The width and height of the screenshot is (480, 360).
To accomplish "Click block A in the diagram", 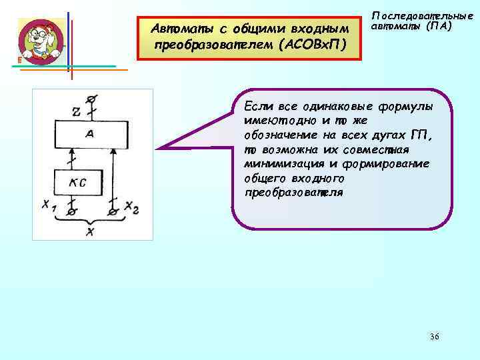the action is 90,134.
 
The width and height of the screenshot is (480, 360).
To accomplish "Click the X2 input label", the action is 132,208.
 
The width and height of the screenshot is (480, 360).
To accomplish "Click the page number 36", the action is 434,337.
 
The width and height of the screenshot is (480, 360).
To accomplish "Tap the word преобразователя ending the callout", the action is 294,193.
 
